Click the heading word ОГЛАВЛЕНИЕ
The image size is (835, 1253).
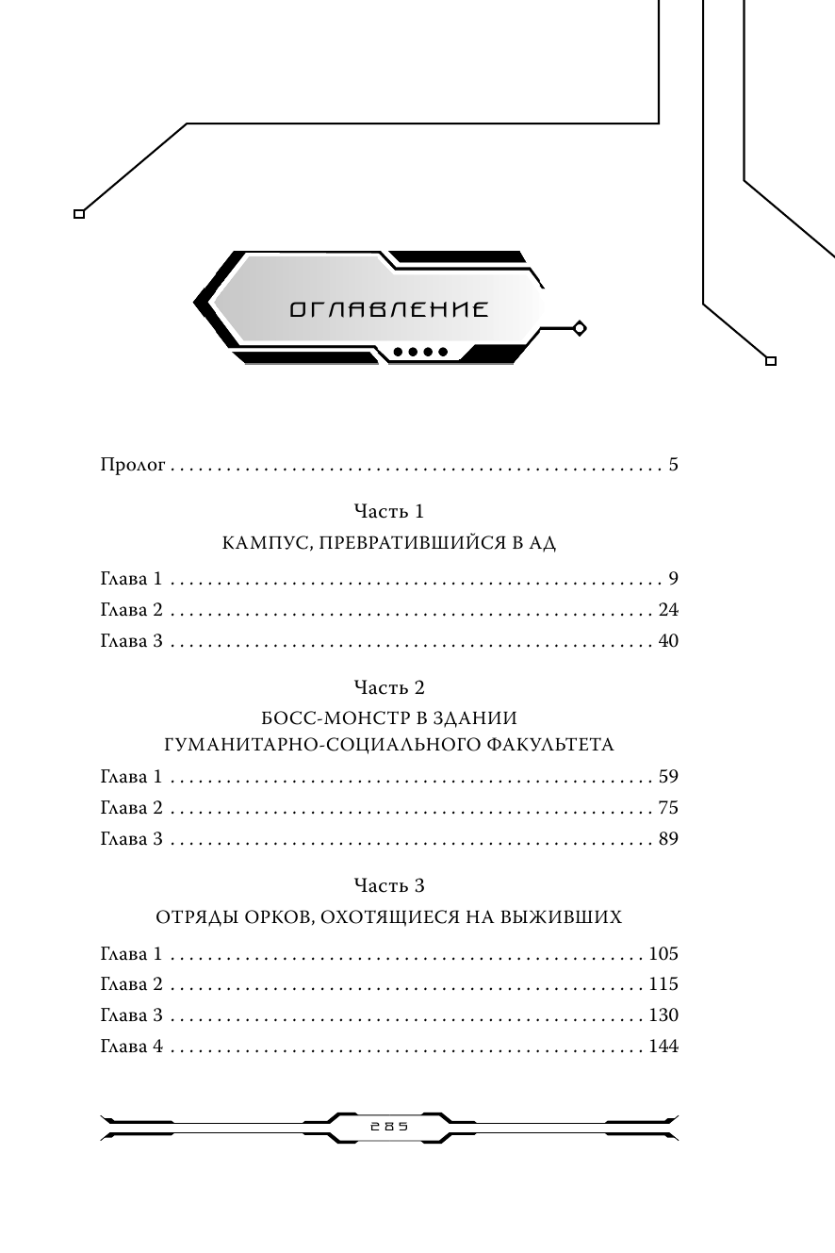pyautogui.click(x=388, y=309)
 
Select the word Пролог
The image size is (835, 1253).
pyautogui.click(x=133, y=466)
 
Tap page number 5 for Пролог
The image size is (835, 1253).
pyautogui.click(x=673, y=465)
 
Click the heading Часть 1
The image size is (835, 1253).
pyautogui.click(x=388, y=511)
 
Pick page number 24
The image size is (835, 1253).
pyautogui.click(x=668, y=610)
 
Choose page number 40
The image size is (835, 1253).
pyautogui.click(x=668, y=641)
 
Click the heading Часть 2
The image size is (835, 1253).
pyautogui.click(x=388, y=687)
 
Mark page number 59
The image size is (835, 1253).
pyautogui.click(x=668, y=778)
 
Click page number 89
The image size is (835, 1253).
pyautogui.click(x=668, y=840)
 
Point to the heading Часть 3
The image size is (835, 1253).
pyautogui.click(x=388, y=885)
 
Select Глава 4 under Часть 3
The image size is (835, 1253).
pyautogui.click(x=132, y=1047)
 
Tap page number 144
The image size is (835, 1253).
pyautogui.click(x=663, y=1047)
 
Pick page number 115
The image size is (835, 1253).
pyautogui.click(x=663, y=984)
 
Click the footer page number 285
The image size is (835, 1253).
pyautogui.click(x=389, y=1128)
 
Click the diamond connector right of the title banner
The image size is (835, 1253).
pyautogui.click(x=580, y=328)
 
